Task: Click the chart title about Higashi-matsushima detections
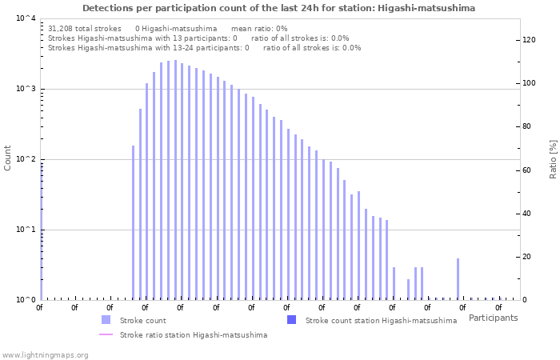(278, 8)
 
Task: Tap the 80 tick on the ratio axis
(527, 126)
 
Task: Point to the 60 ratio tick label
(527, 170)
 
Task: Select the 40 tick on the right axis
(527, 214)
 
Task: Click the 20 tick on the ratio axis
(527, 257)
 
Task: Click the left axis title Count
(8, 158)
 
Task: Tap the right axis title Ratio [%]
(553, 158)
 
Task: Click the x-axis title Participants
(493, 318)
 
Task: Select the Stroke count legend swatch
(106, 320)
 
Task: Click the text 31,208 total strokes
(85, 28)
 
